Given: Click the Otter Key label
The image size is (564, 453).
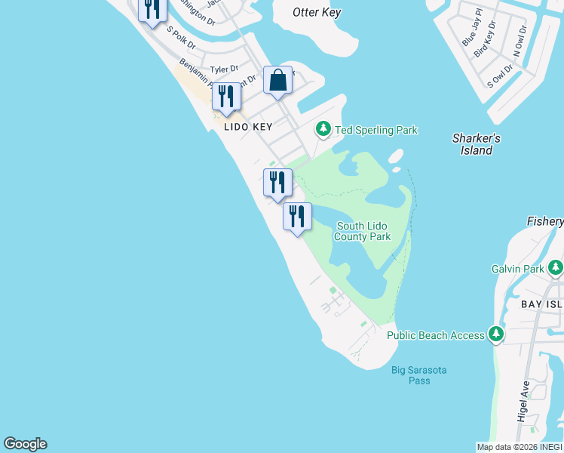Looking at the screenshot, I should pyautogui.click(x=317, y=12).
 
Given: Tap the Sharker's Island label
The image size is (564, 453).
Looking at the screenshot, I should pyautogui.click(x=477, y=144).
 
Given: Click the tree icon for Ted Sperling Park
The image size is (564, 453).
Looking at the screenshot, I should pyautogui.click(x=323, y=130).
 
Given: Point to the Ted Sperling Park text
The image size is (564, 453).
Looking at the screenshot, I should pyautogui.click(x=375, y=131).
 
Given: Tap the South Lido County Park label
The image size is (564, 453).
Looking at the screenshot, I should pyautogui.click(x=363, y=231).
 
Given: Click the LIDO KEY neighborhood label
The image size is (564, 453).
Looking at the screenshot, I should pyautogui.click(x=247, y=128).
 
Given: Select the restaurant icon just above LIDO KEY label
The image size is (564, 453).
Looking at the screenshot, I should pyautogui.click(x=226, y=97).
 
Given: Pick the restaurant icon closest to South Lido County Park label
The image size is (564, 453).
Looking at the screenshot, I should pyautogui.click(x=297, y=217).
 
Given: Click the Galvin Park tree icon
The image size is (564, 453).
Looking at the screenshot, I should pyautogui.click(x=556, y=268).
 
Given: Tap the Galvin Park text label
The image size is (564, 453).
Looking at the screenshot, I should pyautogui.click(x=518, y=269).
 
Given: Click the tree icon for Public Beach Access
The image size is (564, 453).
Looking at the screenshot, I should pyautogui.click(x=495, y=334).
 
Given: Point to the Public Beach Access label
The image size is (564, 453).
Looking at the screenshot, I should pyautogui.click(x=436, y=335).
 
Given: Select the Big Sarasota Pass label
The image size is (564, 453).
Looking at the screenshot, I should pyautogui.click(x=418, y=375).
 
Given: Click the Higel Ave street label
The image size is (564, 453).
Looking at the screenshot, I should pyautogui.click(x=524, y=401).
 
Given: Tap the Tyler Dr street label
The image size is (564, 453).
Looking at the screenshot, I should pyautogui.click(x=224, y=69).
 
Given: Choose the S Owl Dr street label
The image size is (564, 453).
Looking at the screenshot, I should pyautogui.click(x=501, y=73).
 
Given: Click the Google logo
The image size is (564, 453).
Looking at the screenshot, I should pyautogui.click(x=25, y=444).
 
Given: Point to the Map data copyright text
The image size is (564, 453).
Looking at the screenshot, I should pyautogui.click(x=520, y=447).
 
